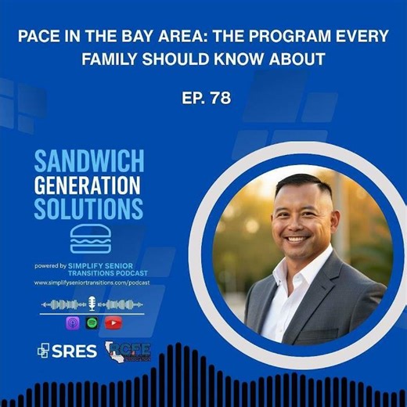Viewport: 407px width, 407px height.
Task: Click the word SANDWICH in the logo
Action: (88, 162)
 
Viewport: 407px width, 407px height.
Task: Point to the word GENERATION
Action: (86, 186)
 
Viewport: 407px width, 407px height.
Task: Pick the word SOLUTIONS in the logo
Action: (88, 209)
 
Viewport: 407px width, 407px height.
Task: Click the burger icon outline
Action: (90, 238)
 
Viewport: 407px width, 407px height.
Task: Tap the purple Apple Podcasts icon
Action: (73, 322)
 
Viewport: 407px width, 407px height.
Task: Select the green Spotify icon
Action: (92, 322)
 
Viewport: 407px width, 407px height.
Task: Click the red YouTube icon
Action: (113, 322)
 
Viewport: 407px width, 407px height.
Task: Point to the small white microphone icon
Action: (92, 304)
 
